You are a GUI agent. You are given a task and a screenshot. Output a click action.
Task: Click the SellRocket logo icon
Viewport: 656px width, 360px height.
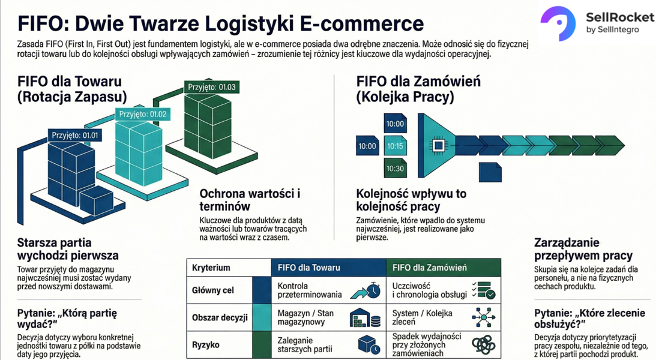558,22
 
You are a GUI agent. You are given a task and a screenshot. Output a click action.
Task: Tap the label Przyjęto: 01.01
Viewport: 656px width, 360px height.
74,136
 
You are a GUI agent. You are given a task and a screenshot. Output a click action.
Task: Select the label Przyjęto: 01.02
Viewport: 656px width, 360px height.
142,114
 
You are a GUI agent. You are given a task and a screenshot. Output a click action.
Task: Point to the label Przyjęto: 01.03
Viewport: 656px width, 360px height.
211,87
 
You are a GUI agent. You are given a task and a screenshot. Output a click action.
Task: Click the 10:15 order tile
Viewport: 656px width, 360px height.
396,146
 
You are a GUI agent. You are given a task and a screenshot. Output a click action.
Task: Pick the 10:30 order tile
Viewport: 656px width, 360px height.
396,168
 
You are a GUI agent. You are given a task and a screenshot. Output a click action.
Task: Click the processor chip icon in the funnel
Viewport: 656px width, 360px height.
438,146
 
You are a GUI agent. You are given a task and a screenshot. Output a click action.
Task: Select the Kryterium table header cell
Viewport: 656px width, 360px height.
211,268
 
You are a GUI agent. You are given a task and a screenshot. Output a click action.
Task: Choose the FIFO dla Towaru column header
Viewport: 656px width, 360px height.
309,268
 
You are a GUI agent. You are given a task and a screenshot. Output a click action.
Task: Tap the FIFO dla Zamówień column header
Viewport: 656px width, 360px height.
430,268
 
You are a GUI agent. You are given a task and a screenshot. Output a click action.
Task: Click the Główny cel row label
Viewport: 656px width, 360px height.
213,290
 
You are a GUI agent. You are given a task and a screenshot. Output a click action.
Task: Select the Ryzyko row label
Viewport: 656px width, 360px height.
206,344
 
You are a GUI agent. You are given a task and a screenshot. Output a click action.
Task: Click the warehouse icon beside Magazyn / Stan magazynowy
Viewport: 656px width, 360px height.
367,317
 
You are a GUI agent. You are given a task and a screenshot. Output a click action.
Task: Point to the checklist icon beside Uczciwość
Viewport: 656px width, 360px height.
483,290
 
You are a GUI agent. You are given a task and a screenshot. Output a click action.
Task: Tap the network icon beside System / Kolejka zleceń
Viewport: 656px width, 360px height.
483,317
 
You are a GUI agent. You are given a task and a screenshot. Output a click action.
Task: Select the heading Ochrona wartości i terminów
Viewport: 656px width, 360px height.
250,200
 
